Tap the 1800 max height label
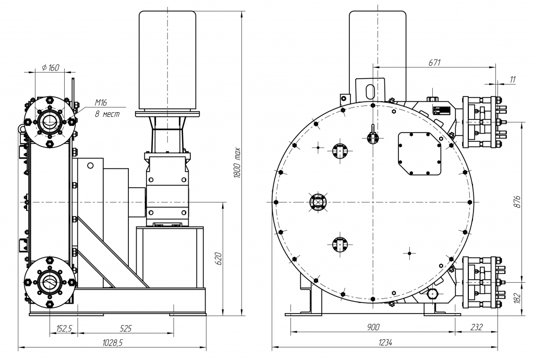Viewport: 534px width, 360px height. (237, 163)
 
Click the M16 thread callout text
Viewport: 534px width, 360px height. (101, 102)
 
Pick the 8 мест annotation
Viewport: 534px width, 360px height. (106, 113)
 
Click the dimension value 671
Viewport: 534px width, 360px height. (434, 62)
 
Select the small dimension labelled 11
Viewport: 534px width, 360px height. (513, 79)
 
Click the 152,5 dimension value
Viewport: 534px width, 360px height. (64, 328)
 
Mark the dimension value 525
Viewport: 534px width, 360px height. (125, 328)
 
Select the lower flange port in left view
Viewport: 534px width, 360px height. (50, 282)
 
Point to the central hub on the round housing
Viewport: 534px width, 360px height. (318, 202)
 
